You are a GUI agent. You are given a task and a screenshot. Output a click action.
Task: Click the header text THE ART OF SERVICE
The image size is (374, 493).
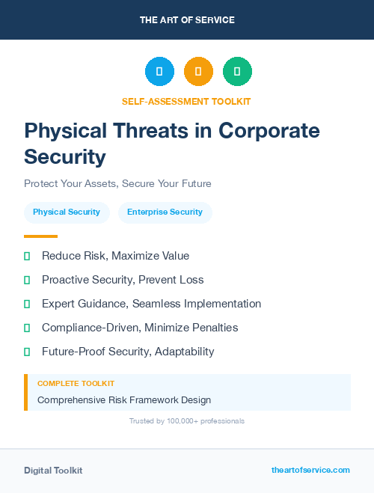click(187, 20)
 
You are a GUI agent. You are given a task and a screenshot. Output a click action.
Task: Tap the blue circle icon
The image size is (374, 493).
click(159, 72)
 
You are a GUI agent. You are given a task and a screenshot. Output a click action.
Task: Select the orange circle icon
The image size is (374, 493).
click(198, 72)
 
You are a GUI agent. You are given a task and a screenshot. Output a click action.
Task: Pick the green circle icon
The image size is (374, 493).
click(237, 72)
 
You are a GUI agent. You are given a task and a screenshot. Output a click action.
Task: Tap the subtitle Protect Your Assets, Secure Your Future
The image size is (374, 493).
click(117, 183)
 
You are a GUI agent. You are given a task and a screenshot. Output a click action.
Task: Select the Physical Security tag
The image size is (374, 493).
click(67, 212)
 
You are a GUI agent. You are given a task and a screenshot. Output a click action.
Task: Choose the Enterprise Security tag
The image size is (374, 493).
click(165, 212)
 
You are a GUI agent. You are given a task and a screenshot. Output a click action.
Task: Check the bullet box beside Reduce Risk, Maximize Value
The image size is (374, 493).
click(27, 256)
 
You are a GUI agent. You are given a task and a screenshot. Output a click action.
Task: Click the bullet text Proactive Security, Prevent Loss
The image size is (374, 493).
click(123, 280)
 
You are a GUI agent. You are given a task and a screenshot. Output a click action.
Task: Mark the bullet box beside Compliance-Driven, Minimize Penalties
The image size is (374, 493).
click(27, 328)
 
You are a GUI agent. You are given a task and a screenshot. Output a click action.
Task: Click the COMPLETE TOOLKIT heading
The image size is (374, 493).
click(76, 384)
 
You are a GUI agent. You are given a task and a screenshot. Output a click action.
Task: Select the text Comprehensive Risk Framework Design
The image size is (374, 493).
click(124, 400)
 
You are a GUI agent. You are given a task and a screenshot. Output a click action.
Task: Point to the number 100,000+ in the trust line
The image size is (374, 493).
click(177, 421)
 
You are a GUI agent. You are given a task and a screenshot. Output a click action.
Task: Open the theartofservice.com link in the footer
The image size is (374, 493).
click(310, 470)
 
